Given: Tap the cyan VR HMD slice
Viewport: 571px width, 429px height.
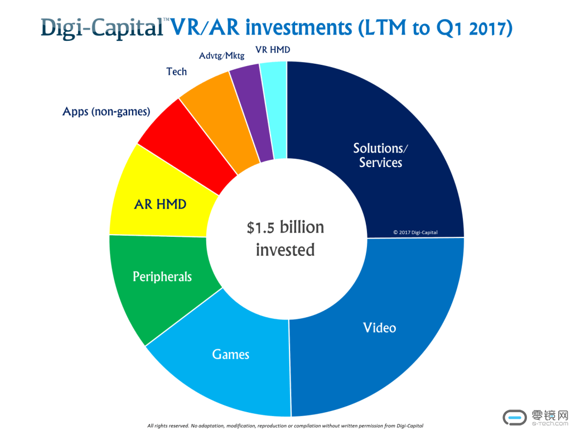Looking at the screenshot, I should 275,109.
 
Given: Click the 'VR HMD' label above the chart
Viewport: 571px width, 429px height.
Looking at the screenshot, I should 273,50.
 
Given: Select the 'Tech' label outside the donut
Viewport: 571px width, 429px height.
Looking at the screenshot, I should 176,71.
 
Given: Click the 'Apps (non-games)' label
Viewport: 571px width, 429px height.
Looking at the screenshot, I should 106,112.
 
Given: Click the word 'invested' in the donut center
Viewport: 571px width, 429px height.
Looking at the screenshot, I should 285,249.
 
